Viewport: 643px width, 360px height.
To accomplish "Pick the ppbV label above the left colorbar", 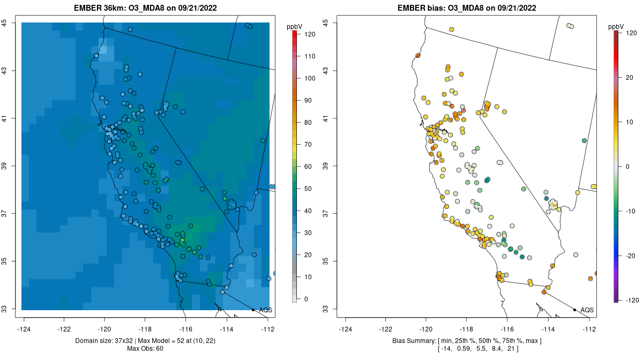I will click(x=294, y=26).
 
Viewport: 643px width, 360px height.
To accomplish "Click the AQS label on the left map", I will click(x=265, y=310).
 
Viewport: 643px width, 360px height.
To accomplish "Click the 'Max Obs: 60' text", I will click(x=145, y=349).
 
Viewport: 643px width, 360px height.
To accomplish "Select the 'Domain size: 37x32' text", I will click(x=106, y=341).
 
